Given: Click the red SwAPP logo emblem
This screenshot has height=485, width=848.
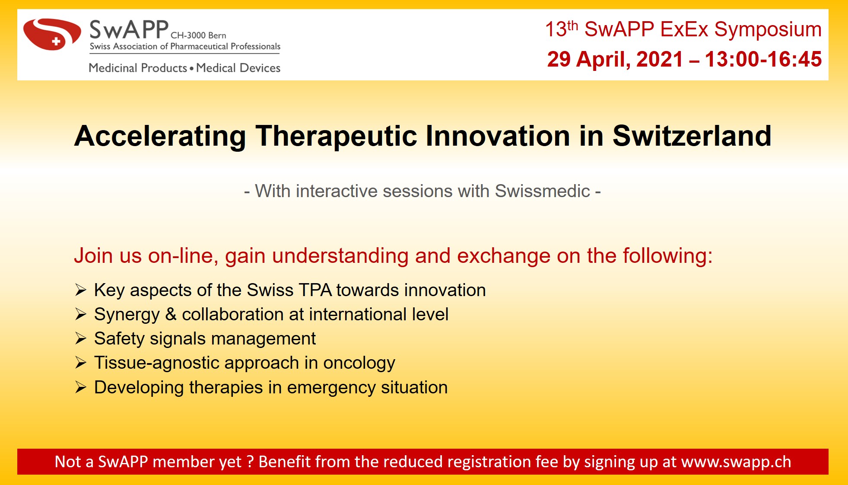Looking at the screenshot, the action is click(52, 34).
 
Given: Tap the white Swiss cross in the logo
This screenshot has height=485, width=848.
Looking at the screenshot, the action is click(56, 42).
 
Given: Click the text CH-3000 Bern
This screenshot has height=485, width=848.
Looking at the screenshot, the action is click(198, 35).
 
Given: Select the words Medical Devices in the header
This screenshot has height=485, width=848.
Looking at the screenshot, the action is click(238, 68).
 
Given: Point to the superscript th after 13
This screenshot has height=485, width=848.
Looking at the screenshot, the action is click(572, 25).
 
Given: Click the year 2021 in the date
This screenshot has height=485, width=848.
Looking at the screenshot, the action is click(660, 59).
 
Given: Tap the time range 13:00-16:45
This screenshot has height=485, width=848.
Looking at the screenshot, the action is click(763, 59).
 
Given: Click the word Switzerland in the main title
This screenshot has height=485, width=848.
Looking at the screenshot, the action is click(692, 136).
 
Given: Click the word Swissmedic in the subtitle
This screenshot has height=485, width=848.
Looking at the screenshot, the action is click(542, 191).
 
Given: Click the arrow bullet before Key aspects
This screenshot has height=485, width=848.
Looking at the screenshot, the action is click(81, 290).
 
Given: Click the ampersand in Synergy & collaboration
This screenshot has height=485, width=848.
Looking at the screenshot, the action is click(171, 315).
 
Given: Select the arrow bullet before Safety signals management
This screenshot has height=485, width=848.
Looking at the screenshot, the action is click(81, 338).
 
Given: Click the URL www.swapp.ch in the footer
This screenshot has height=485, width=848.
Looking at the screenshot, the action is click(736, 462).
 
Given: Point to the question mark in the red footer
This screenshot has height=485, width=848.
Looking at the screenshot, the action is click(250, 462).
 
